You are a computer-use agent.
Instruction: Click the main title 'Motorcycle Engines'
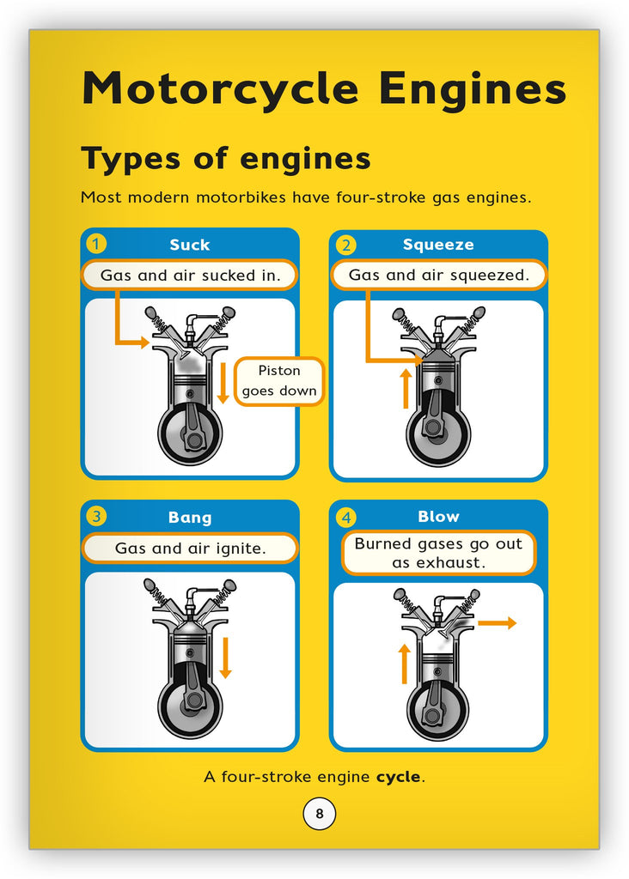tap(323, 89)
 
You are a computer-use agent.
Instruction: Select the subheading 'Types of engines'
tap(225, 159)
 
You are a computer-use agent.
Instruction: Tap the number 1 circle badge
tap(97, 244)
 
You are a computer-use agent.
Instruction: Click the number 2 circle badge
tap(345, 245)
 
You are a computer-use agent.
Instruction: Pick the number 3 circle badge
tap(97, 516)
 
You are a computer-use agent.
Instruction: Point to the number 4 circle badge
tap(345, 517)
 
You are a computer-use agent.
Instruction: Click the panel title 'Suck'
tap(189, 245)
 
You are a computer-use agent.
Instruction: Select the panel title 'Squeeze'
tap(438, 245)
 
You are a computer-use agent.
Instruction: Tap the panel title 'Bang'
tap(189, 517)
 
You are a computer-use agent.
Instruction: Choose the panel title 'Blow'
tap(438, 517)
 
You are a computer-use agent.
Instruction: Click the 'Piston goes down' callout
tap(279, 381)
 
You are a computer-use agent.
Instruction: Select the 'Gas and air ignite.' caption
tap(190, 548)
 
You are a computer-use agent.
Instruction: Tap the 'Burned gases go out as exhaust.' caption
tap(438, 553)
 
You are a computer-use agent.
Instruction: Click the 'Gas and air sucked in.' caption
tap(190, 276)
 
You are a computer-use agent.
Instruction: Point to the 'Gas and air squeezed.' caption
tap(438, 276)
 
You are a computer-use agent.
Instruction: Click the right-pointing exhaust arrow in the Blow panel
tap(497, 623)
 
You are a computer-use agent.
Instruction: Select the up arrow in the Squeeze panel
tap(406, 389)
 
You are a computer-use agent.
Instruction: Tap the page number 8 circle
tap(319, 814)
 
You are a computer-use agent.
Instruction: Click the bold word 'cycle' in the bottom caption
tap(399, 777)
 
